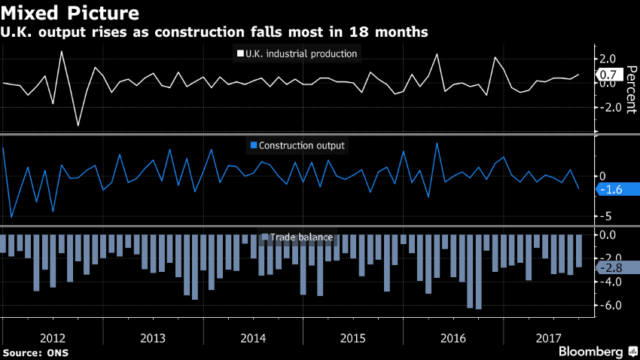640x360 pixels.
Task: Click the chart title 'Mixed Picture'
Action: (x=70, y=13)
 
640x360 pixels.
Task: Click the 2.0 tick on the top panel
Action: (x=608, y=59)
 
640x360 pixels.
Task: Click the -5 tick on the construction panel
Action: (x=602, y=216)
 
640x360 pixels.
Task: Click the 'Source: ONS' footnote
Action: (x=32, y=352)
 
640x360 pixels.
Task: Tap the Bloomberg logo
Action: (x=590, y=351)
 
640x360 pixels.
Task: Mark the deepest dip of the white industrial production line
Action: (x=78, y=125)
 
